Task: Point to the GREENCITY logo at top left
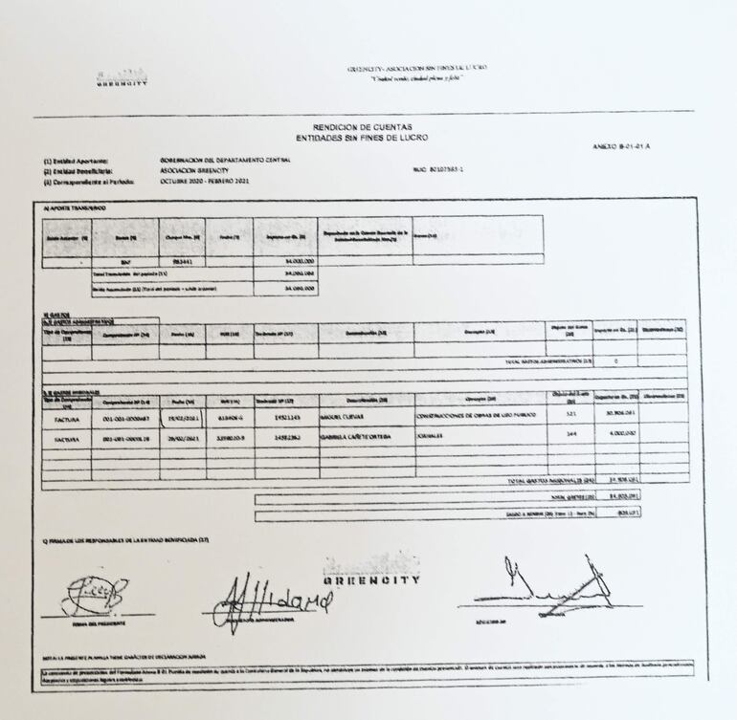pyautogui.click(x=122, y=80)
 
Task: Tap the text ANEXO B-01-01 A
pyautogui.click(x=622, y=145)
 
